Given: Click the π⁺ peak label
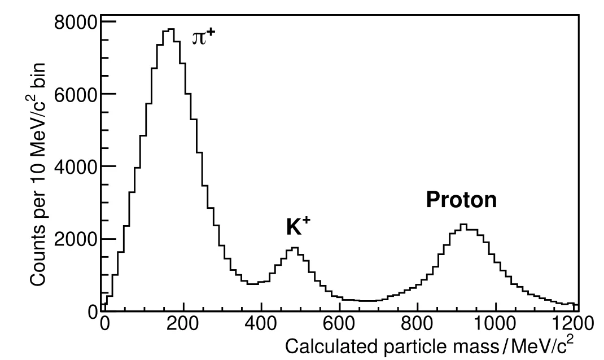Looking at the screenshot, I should click(204, 38).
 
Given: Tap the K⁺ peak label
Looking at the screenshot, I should click(299, 226).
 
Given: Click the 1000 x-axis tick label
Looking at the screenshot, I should click(495, 324).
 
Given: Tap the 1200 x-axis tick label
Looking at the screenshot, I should click(573, 324).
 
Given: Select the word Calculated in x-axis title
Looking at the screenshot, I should click(316, 345).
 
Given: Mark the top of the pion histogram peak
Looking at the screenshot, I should click(171, 29).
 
